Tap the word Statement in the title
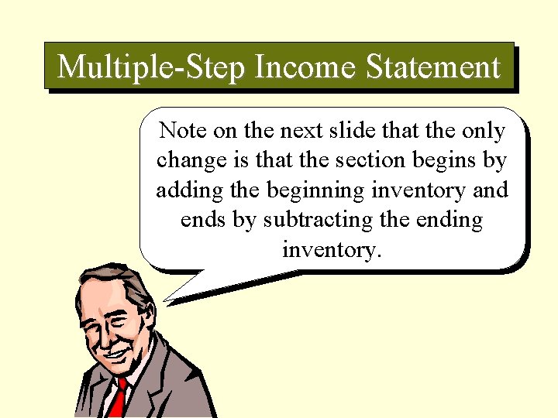(x=433, y=67)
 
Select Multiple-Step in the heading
(x=151, y=67)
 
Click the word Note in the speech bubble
(x=181, y=131)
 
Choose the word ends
(x=203, y=220)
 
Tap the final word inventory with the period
(x=332, y=250)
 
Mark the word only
(x=482, y=132)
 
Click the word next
(x=298, y=132)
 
